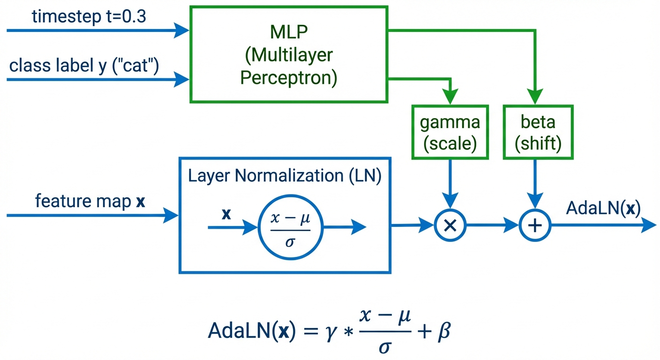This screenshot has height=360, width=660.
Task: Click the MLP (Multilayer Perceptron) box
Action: tap(288, 54)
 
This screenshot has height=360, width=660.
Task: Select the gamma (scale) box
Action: tap(450, 133)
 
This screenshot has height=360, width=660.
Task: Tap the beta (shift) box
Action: tap(538, 133)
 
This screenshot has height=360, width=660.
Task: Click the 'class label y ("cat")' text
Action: tap(84, 66)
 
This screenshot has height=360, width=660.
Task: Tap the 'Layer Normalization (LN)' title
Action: tap(285, 176)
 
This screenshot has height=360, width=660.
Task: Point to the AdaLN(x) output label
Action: tap(603, 208)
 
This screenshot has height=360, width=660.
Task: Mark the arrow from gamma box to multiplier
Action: tap(450, 183)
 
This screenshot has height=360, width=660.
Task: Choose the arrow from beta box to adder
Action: tap(535, 183)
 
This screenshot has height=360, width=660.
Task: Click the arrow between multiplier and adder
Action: tap(492, 225)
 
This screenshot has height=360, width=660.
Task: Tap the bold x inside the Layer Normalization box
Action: tap(226, 214)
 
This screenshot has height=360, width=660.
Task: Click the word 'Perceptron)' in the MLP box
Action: tap(288, 78)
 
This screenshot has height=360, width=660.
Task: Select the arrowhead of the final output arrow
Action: tap(650, 225)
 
